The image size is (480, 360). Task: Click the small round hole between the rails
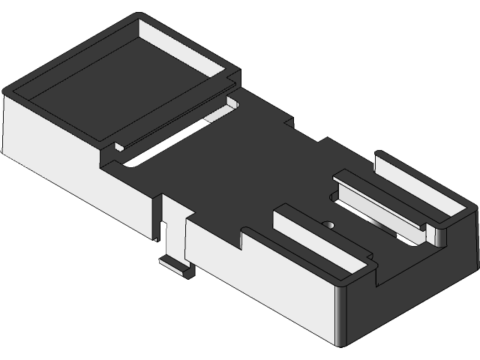(328, 223)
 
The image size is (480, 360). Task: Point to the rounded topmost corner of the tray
(139, 16)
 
